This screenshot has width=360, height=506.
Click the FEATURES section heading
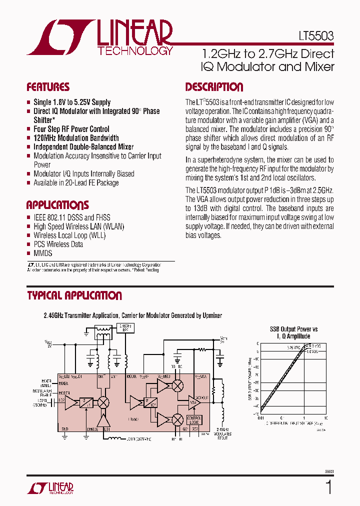(x=48, y=87)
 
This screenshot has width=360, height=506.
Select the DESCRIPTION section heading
(x=214, y=87)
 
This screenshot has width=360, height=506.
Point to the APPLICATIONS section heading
(x=57, y=205)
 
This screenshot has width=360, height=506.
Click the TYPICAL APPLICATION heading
(x=74, y=295)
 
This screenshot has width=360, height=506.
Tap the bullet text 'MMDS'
(x=42, y=253)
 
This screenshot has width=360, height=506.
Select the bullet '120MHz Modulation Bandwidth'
(x=76, y=138)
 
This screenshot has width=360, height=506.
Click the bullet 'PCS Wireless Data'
(x=58, y=244)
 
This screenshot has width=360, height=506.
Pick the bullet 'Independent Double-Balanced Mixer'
(x=83, y=147)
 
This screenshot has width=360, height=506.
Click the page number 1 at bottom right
(x=328, y=487)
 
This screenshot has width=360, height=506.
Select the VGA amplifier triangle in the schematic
(x=194, y=402)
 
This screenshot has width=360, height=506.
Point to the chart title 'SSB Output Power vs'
(x=293, y=329)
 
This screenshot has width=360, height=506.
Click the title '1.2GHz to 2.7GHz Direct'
(x=267, y=54)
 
